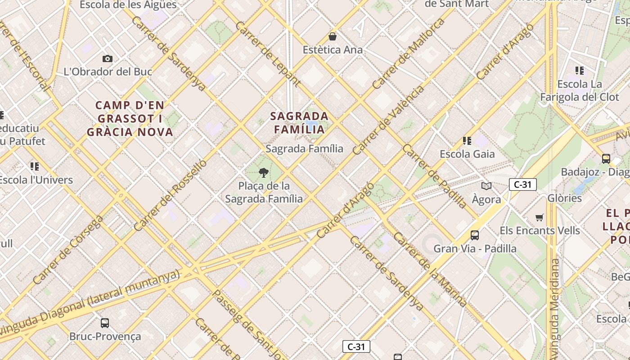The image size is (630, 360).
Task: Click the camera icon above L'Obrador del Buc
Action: (107, 58)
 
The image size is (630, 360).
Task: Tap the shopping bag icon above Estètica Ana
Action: (333, 36)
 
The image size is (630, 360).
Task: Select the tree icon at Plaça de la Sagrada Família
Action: (264, 172)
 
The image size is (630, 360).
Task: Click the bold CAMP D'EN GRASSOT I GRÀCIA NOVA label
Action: (130, 119)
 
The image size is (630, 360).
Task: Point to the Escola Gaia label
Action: (467, 154)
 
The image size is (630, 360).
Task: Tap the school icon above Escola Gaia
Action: (467, 141)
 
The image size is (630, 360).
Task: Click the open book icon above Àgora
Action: (486, 186)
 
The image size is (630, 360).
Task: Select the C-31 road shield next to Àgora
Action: (522, 184)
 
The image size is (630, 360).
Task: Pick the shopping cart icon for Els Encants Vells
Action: (540, 218)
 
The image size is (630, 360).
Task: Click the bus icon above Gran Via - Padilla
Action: (474, 235)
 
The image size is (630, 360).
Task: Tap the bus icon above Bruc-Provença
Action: (105, 323)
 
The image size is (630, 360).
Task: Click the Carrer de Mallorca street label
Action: (408, 54)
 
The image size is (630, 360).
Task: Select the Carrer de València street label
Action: (388, 120)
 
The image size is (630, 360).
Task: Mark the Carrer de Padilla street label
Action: (435, 176)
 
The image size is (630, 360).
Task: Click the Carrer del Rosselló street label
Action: (170, 195)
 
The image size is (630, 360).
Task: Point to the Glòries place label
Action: (564, 198)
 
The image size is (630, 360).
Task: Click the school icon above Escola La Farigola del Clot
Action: (579, 71)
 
